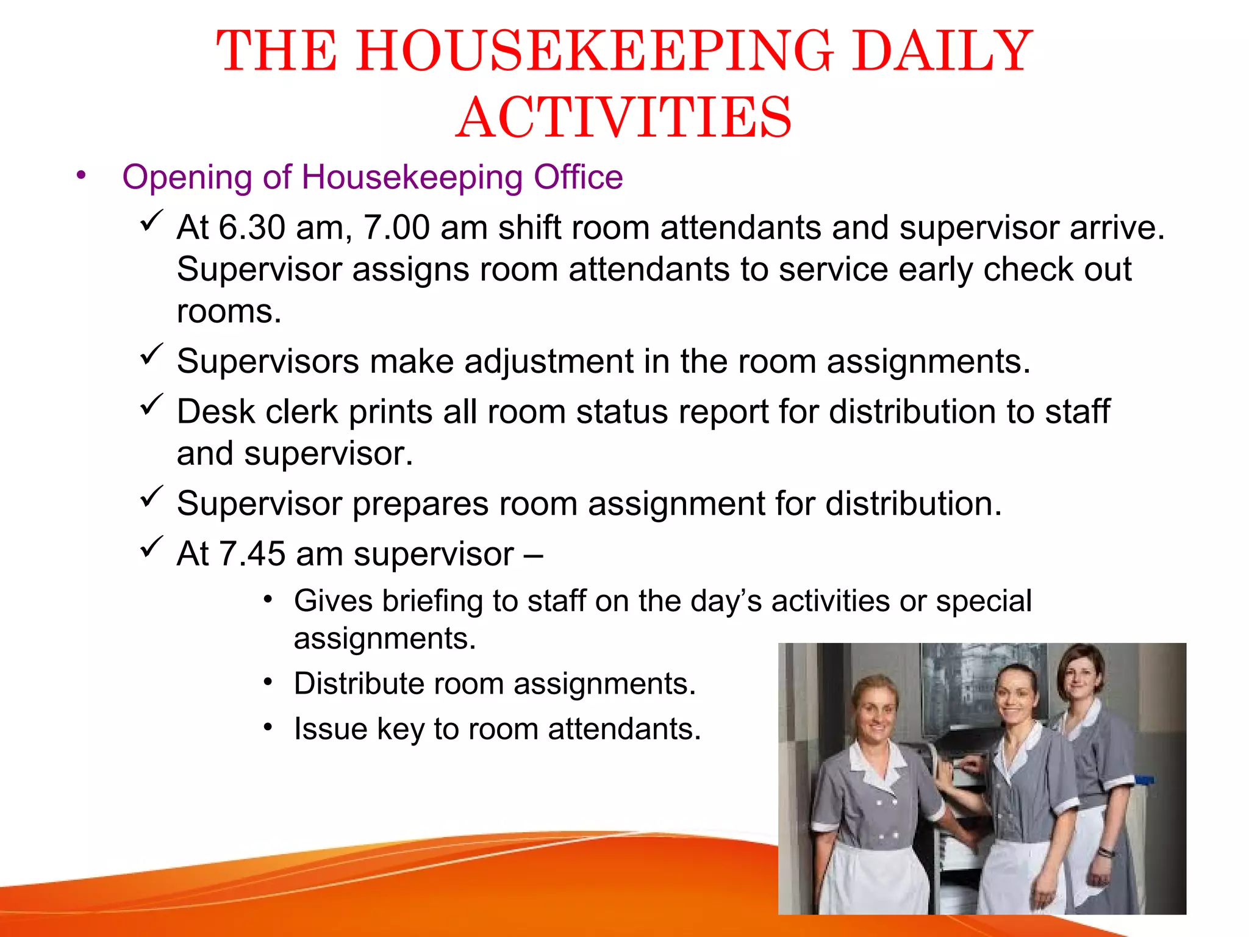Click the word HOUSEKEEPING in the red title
(595, 51)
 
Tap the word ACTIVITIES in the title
(623, 118)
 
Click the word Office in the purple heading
(578, 178)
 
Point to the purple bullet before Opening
(81, 176)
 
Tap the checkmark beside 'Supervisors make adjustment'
(151, 354)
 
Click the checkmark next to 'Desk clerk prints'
(151, 404)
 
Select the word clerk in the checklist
(301, 412)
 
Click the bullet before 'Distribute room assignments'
(268, 682)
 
